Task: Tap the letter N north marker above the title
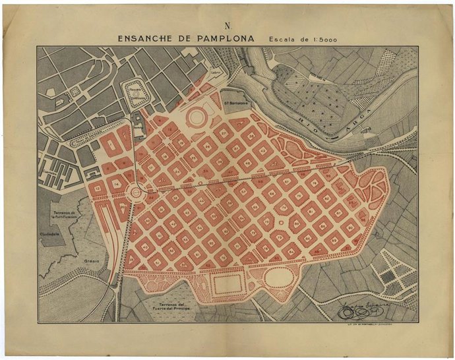click(x=228, y=26)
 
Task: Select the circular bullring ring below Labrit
click(x=197, y=117)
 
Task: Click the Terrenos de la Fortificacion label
click(x=65, y=216)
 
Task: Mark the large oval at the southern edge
click(x=281, y=278)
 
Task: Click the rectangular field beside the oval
click(x=229, y=285)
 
